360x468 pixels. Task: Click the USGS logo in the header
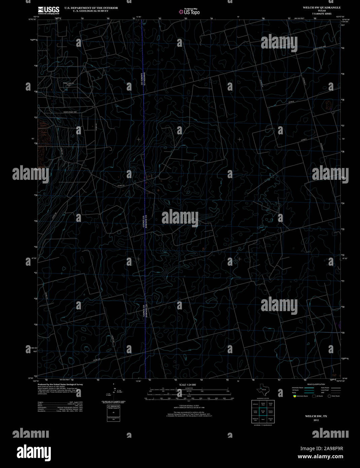[x=48, y=10]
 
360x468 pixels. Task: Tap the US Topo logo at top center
[x=189, y=12]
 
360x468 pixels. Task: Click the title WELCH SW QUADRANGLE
[x=321, y=7]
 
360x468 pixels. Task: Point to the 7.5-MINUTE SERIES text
[x=322, y=14]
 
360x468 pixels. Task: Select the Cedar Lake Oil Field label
[x=68, y=84]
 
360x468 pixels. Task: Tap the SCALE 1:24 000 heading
[x=187, y=385]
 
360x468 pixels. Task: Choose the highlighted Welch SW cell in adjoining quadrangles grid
[x=263, y=411]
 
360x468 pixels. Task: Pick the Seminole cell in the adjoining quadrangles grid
[x=263, y=420]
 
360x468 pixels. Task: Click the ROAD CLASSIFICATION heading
[x=316, y=385]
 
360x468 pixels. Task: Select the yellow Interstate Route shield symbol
[x=294, y=396]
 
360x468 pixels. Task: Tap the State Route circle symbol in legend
[x=329, y=396]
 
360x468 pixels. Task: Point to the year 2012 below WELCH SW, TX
[x=316, y=420]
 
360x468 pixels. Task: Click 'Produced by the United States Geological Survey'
[x=60, y=384]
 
